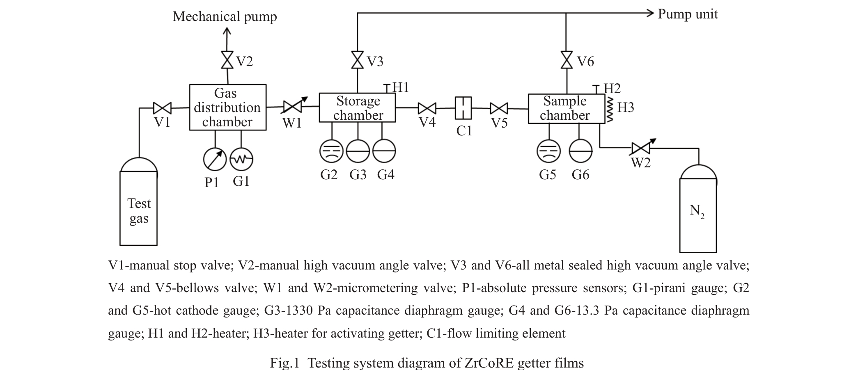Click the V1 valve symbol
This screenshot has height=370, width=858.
(162, 108)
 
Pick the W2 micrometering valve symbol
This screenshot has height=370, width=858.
(641, 148)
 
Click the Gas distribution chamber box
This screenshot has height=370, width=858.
(227, 107)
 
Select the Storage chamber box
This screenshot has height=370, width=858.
(358, 107)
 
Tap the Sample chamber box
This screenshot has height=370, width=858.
(566, 108)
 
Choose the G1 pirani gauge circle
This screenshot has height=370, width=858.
(241, 159)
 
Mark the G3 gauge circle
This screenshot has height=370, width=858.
(358, 151)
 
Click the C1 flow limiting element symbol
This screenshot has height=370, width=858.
(463, 108)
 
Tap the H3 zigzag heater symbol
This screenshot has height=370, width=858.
(610, 109)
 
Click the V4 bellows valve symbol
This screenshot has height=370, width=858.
(427, 108)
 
